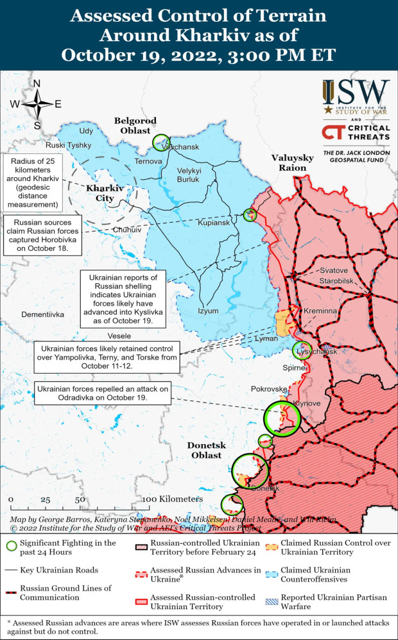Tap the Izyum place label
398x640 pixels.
(208, 311)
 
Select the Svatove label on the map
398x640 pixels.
(334, 271)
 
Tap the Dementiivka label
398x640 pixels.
(43, 315)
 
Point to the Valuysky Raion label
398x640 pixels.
(292, 162)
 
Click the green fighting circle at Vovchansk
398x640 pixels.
(160, 143)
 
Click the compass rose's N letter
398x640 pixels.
(37, 83)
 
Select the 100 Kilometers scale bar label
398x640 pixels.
(173, 499)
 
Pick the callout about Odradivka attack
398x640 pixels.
(101, 394)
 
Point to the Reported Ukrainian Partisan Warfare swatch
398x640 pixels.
(271, 601)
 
